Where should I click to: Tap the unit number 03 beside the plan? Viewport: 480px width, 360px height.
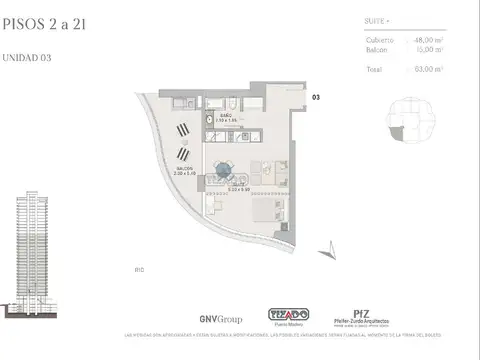tap(315, 97)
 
